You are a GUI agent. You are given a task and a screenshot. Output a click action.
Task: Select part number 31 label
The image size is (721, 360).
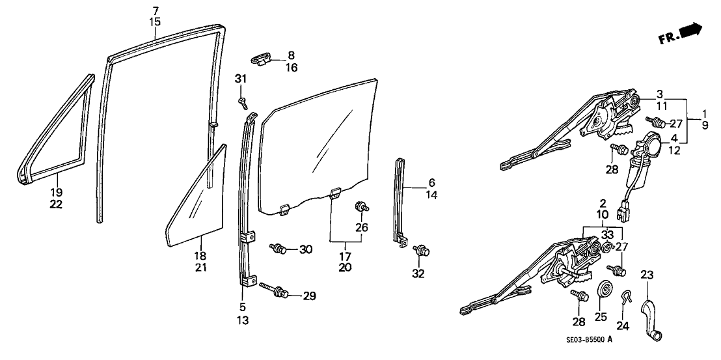[x=241, y=79]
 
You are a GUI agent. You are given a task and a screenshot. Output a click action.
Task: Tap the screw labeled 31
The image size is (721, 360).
[x=243, y=104]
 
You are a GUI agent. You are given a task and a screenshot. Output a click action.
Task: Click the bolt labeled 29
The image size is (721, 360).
[x=275, y=290]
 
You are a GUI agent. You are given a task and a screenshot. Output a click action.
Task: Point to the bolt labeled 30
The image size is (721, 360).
[x=279, y=249]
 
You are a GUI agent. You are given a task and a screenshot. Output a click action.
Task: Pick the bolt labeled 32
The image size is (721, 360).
[x=421, y=251]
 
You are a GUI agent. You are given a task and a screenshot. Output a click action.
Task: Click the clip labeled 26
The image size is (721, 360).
[x=361, y=206]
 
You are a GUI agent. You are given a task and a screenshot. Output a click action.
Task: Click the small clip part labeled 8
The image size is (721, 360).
[x=262, y=60]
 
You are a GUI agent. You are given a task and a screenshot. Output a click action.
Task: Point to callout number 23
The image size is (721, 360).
[x=647, y=275]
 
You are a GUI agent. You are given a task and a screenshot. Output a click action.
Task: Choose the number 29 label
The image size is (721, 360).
[x=310, y=296]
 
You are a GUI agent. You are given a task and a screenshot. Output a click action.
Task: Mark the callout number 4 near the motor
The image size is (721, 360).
[x=673, y=138]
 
